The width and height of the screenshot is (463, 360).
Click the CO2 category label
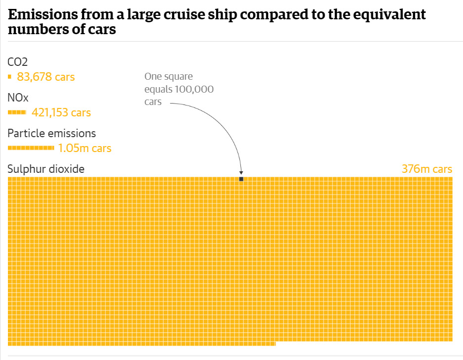18,62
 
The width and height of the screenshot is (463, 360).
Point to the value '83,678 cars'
46,77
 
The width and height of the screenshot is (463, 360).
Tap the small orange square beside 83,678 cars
9,77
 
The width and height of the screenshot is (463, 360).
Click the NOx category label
18,98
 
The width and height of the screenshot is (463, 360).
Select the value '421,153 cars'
61,112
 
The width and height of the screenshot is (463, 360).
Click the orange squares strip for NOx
17,112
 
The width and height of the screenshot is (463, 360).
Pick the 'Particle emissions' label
52,133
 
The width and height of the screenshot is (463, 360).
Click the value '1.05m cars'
85,148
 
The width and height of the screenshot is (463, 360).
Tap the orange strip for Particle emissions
31,148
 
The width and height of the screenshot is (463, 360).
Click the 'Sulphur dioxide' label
46,169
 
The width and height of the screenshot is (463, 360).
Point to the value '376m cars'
427,169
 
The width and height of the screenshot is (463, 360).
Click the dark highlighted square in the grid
241,179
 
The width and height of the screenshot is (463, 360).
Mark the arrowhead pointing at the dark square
241,173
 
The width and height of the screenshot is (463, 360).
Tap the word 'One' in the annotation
153,77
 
